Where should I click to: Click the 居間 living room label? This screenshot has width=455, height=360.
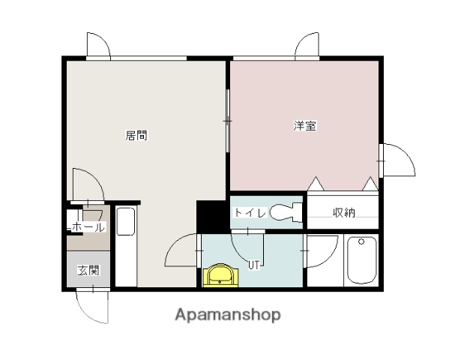[x=136, y=136]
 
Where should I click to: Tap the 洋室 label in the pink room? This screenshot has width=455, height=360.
[x=304, y=126]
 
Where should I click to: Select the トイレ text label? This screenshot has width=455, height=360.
[x=249, y=213]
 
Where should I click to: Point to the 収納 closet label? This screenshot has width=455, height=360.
[x=344, y=213]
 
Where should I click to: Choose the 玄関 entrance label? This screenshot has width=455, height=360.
[x=88, y=271]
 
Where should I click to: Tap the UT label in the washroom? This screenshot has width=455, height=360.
[x=254, y=264]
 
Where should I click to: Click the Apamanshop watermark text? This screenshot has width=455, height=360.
[x=228, y=315]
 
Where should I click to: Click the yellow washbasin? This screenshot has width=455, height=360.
[x=220, y=275]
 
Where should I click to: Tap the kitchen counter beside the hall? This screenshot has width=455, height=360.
[x=126, y=246]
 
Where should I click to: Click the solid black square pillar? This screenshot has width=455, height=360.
[x=211, y=216]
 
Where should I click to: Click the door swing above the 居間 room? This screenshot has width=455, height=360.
[x=98, y=46]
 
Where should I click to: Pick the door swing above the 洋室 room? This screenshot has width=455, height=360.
[x=307, y=46]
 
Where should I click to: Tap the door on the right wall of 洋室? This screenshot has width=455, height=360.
[x=397, y=158]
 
